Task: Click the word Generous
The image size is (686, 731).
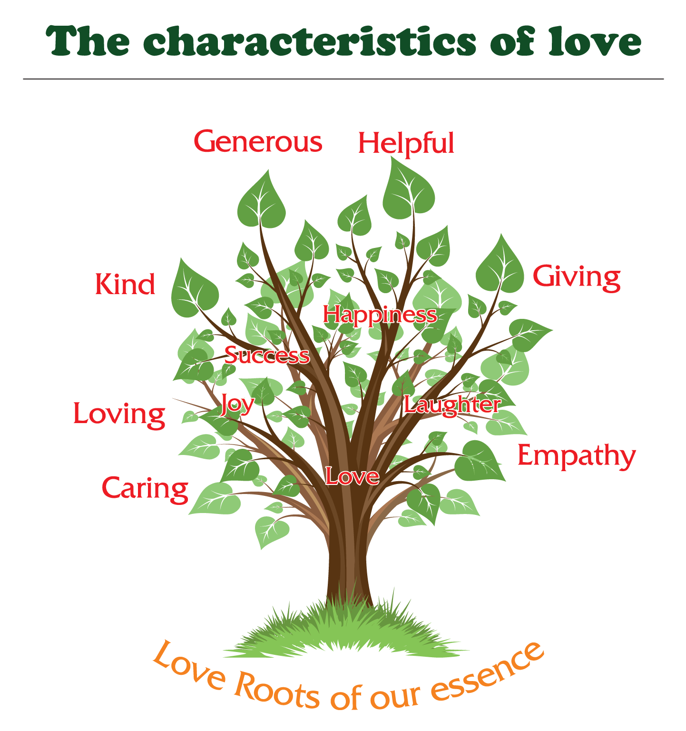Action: [x=258, y=142]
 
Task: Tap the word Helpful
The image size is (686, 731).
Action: [x=406, y=143]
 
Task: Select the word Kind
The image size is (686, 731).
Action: [x=125, y=284]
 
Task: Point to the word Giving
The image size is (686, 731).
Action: [x=576, y=277]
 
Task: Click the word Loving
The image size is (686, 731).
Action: [x=119, y=414]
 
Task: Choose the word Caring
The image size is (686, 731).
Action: [x=145, y=489]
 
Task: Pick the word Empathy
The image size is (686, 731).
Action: [x=576, y=456]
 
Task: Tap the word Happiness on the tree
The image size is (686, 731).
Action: [x=380, y=315]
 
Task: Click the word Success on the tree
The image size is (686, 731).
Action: [x=267, y=355]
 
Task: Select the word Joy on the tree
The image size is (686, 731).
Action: [x=237, y=405]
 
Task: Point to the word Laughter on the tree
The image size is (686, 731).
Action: [x=452, y=405]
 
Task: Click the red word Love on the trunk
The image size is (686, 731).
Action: [x=352, y=476]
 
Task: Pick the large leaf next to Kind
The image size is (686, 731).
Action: [x=193, y=290]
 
